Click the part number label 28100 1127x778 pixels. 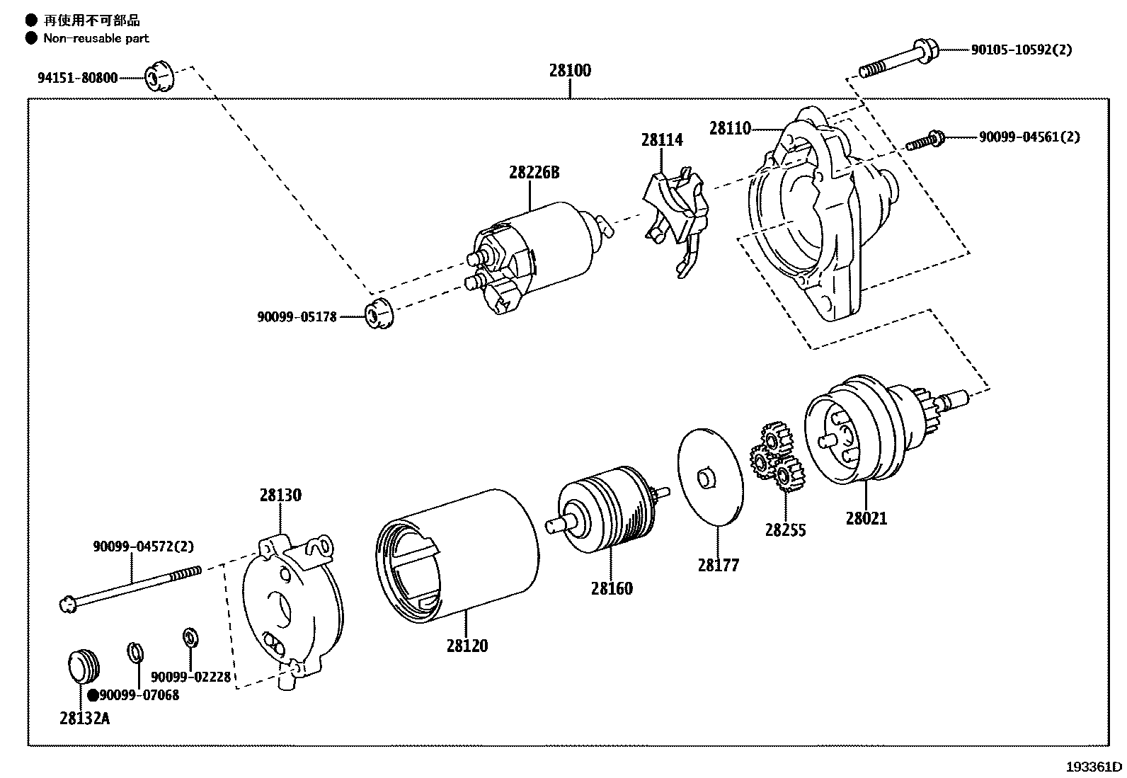click(570, 71)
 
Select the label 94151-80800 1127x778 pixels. click(77, 78)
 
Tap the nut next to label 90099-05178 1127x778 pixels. click(379, 316)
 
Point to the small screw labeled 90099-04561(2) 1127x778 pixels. click(925, 140)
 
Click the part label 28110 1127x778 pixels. click(730, 128)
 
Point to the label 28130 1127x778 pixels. click(280, 495)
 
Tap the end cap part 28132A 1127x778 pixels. click(84, 666)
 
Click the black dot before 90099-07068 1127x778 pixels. click(93, 695)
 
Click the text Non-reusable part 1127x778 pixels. click(96, 38)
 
